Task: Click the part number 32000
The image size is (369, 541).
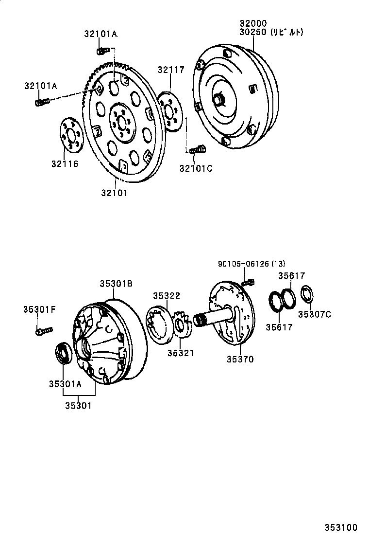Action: [x=253, y=23]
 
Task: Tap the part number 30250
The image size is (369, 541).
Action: [x=253, y=32]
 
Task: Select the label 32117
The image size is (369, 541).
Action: [x=170, y=70]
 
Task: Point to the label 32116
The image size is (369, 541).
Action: [x=65, y=164]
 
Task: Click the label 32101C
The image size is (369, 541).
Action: [x=196, y=168]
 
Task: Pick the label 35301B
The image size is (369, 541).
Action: [x=116, y=284]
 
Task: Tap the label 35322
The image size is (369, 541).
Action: [x=167, y=296]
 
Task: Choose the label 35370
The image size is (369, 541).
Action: [x=240, y=360]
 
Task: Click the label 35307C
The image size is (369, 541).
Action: [x=314, y=314]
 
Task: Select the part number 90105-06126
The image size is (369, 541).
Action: [x=244, y=264]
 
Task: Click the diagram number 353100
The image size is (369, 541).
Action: [x=341, y=527]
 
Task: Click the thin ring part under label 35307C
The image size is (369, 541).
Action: [x=306, y=294]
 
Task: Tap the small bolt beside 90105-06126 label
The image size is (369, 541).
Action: [x=249, y=281]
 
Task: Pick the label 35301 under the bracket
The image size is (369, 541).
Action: [x=79, y=405]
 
